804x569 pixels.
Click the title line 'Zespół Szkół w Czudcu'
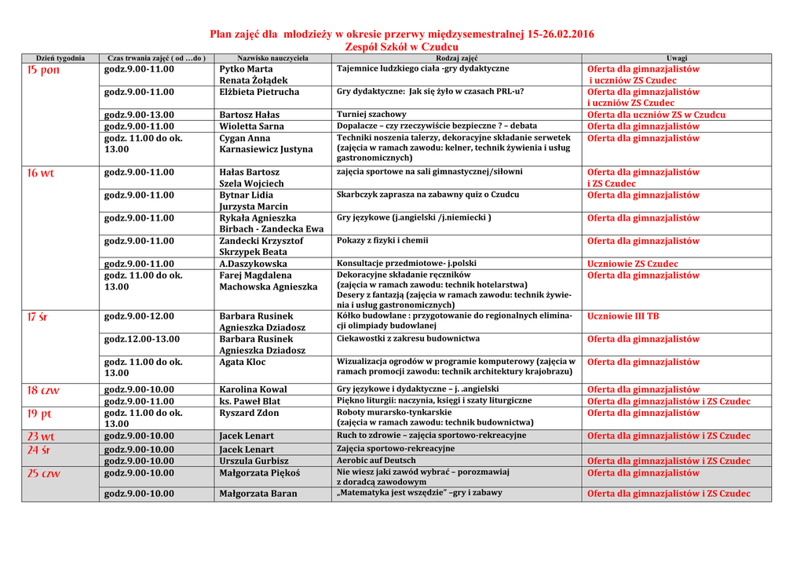tap(401, 47)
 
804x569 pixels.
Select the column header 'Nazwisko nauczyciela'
tap(272, 58)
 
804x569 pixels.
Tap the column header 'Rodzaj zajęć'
tap(456, 58)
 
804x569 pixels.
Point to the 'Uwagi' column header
tap(676, 58)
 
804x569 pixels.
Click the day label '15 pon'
tap(43, 70)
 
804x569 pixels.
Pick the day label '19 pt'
tap(39, 414)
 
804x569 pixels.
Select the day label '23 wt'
tap(41, 436)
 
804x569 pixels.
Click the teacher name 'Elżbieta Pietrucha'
tap(259, 92)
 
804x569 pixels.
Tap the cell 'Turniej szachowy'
tap(371, 115)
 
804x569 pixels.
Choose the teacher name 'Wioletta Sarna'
tap(251, 126)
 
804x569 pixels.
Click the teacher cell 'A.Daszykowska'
tap(253, 264)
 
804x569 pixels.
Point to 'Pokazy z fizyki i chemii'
tap(382, 241)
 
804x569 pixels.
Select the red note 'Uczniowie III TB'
tap(623, 316)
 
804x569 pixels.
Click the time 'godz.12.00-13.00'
tap(142, 339)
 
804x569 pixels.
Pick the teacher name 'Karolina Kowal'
tap(253, 389)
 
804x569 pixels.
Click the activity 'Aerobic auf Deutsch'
tap(376, 461)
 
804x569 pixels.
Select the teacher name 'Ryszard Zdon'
tap(249, 413)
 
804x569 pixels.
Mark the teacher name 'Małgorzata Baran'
tap(258, 494)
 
